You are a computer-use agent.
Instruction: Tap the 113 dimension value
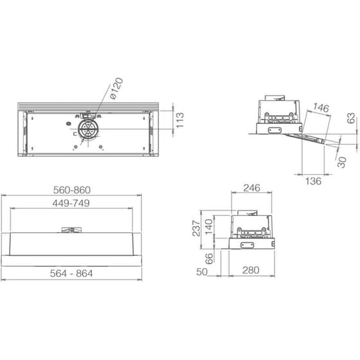[180, 119]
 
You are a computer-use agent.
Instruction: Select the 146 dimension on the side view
[321, 107]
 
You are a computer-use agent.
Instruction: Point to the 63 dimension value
[351, 119]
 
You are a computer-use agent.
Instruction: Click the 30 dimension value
[341, 162]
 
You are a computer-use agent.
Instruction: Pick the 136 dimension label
[312, 181]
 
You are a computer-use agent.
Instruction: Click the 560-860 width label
[71, 190]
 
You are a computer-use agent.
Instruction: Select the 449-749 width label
[71, 203]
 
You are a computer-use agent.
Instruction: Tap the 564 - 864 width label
[71, 273]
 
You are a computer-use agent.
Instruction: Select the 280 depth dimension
[251, 271]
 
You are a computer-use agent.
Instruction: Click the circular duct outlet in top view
[85, 131]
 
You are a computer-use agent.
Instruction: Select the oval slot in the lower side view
[246, 244]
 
